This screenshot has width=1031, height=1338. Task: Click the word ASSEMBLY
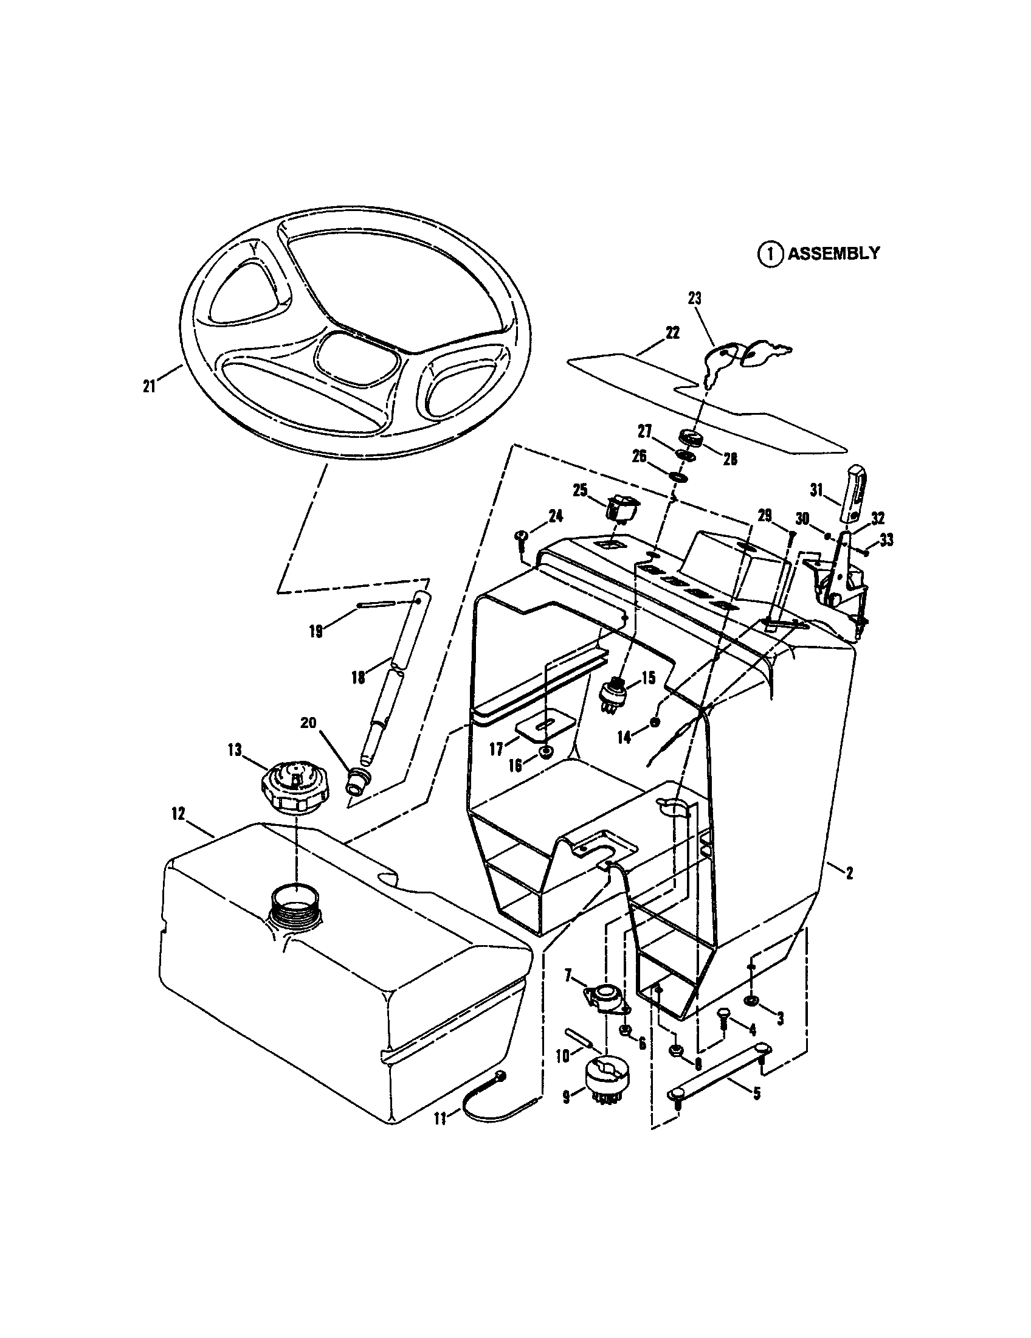point(833,253)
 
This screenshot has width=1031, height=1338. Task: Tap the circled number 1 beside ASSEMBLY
point(770,254)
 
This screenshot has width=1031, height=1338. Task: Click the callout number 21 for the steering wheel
point(149,387)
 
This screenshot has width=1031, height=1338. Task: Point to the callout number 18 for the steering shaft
point(358,678)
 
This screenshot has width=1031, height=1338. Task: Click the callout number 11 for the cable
point(440,1118)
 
